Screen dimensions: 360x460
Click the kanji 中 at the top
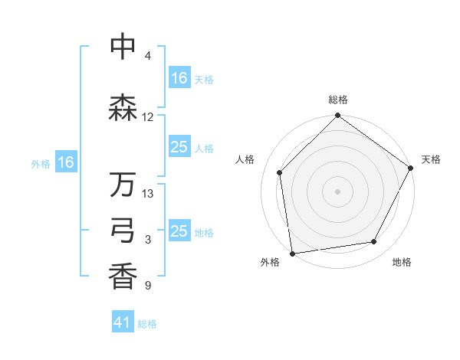[x=123, y=47]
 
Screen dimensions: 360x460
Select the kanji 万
[x=123, y=185]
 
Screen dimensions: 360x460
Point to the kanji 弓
[x=123, y=231]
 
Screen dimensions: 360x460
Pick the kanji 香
[x=123, y=277]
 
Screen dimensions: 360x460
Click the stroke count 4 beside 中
[x=147, y=56]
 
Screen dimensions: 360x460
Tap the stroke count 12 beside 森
[x=148, y=117]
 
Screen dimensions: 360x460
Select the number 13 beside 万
[x=148, y=194]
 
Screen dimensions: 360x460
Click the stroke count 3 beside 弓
[x=147, y=240]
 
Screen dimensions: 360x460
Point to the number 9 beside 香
[x=147, y=286]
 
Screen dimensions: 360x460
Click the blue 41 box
[x=123, y=322]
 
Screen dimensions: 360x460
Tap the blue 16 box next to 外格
[x=65, y=162]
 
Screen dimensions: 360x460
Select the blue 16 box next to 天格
[x=179, y=77]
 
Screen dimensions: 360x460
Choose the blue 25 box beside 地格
[x=179, y=231]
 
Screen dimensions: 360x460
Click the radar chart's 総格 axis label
[x=338, y=100]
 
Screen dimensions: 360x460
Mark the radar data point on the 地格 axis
[x=374, y=241]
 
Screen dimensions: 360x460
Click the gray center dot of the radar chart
[x=338, y=191]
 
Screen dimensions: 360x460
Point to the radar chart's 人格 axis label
[x=245, y=159]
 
